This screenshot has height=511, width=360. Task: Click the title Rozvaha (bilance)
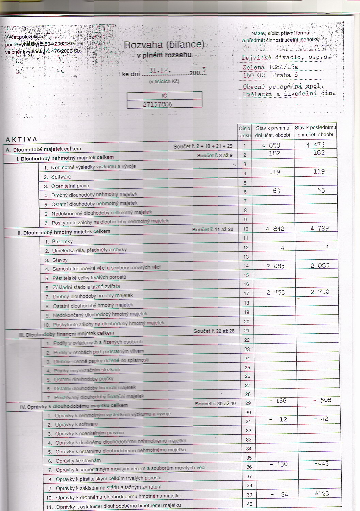(x=164, y=45)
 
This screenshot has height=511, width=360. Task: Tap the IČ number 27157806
(x=157, y=104)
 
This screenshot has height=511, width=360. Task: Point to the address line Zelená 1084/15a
(x=270, y=67)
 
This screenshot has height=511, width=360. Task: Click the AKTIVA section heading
(x=21, y=139)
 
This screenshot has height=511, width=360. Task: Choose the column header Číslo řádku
(x=245, y=131)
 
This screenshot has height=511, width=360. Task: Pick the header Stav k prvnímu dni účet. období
(x=272, y=131)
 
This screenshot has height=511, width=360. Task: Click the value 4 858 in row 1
(x=271, y=145)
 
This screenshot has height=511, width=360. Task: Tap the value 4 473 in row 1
(x=315, y=145)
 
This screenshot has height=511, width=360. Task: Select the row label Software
(x=61, y=177)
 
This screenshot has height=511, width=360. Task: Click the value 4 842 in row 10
(x=275, y=229)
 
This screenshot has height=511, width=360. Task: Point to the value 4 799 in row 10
(x=319, y=228)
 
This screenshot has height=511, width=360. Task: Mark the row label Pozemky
(x=62, y=241)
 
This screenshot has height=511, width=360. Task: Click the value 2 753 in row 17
(x=276, y=293)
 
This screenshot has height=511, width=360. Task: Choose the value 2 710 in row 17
(x=320, y=292)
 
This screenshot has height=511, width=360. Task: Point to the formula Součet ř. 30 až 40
(x=215, y=404)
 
